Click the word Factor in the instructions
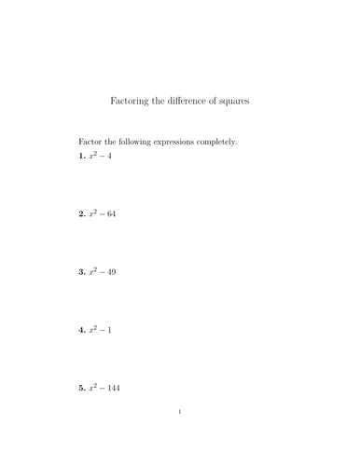coord(91,142)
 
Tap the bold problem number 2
coord(81,213)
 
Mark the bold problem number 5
coord(81,387)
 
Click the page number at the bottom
coord(180,436)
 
